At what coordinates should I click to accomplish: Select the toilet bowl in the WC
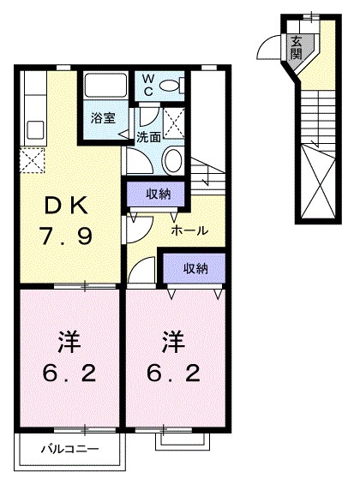coord(177,85)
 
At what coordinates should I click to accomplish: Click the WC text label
coord(148,85)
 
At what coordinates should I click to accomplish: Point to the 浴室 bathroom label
coord(103,118)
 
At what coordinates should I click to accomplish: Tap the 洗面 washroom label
coord(147,137)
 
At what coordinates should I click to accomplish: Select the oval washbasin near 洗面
coord(171,160)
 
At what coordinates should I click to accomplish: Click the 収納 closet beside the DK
coord(157,194)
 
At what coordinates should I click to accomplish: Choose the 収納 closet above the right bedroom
coord(195,268)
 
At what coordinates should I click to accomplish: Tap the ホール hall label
coord(186,231)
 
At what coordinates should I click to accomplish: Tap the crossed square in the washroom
coord(176,122)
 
